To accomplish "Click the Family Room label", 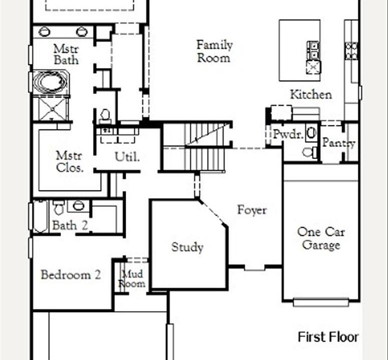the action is [x=215, y=51].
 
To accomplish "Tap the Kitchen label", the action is [x=311, y=94].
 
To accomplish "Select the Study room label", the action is [x=187, y=247].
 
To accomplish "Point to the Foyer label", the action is [x=252, y=210].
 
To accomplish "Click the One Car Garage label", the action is [x=321, y=238].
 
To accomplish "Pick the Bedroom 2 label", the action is [x=71, y=275].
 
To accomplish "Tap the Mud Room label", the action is [x=131, y=278].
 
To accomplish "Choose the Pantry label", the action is [x=338, y=143].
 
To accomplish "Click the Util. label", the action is [x=127, y=156].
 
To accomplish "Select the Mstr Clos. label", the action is [x=69, y=161].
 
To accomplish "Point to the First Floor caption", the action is [x=328, y=337].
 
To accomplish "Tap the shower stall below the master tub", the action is [x=53, y=108].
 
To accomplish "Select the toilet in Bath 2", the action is [x=59, y=208].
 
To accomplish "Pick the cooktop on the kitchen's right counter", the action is [x=351, y=50].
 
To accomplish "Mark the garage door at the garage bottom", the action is [x=321, y=302].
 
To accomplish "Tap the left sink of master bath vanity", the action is [x=45, y=31].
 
